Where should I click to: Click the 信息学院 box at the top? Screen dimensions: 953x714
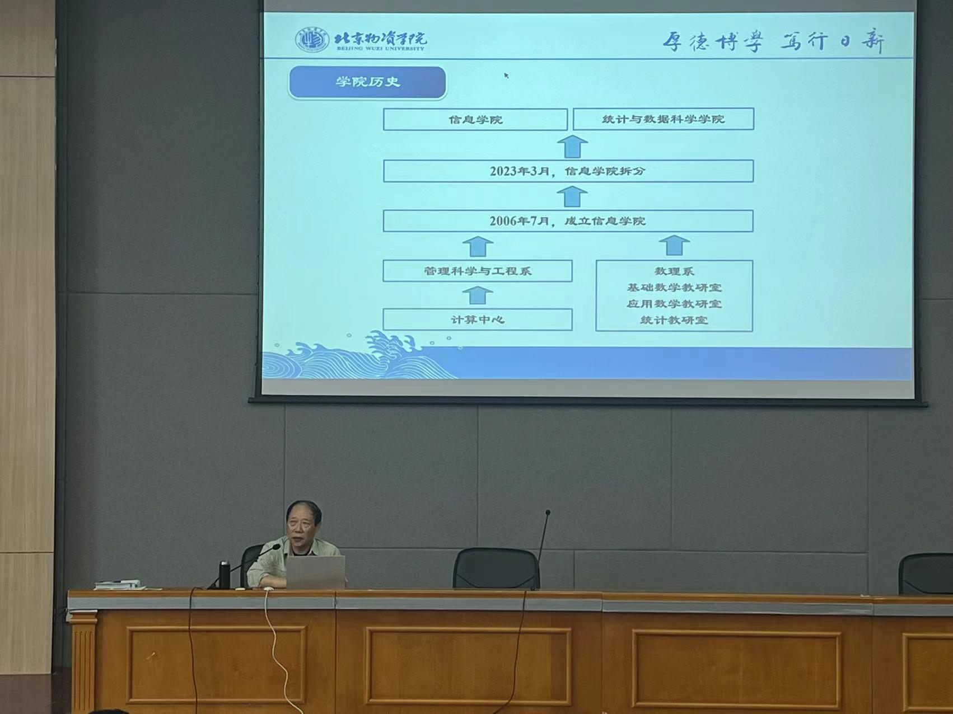[475, 119]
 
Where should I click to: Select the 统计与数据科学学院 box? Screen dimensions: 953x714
[664, 119]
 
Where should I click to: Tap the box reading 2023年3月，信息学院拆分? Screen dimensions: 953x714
[568, 171]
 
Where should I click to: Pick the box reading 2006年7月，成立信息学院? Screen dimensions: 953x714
[568, 220]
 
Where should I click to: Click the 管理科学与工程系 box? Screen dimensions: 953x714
[478, 271]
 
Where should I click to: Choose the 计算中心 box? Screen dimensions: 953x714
[478, 320]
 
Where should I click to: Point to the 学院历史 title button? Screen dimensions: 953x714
[367, 82]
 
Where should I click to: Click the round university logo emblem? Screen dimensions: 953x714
[312, 40]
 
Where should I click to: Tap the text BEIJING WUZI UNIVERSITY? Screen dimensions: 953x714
[381, 49]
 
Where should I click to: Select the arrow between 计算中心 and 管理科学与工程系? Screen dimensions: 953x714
[478, 295]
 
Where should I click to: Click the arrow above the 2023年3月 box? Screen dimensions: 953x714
[572, 146]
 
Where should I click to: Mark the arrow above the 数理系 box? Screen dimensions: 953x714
[674, 246]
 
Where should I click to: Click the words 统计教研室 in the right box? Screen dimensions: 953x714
[674, 321]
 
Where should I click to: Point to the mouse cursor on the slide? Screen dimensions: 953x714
[506, 76]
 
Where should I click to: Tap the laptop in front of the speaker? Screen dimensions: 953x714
[316, 572]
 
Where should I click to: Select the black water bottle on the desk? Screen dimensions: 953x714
[225, 575]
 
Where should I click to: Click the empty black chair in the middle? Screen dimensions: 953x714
[496, 568]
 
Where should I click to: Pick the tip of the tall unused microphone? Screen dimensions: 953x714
[548, 512]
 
